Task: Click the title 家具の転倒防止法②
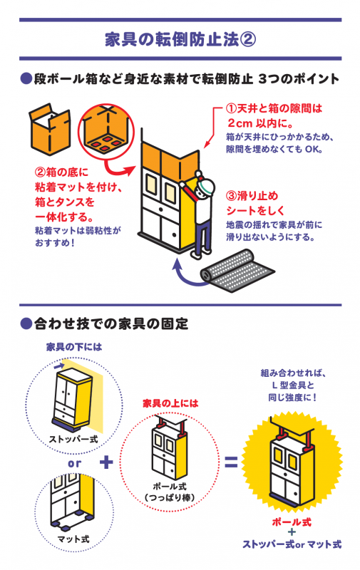tap(180, 39)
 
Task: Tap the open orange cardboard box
tap(50, 128)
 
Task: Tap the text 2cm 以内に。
tap(261, 123)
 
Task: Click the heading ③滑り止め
tap(252, 196)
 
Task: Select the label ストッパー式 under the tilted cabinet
tap(73, 439)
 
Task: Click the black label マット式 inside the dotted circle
tap(73, 539)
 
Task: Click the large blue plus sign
tap(106, 462)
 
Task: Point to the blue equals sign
tap(231, 462)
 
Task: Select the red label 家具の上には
tap(170, 403)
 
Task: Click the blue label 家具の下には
tap(74, 347)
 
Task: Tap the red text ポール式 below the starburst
tap(292, 522)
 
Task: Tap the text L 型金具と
tap(293, 385)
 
